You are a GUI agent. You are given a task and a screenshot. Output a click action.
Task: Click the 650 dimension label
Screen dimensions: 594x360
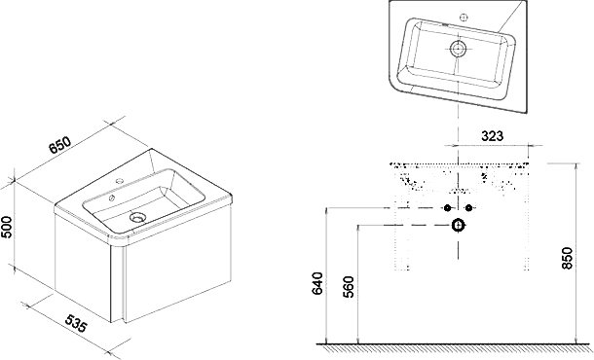click(x=60, y=145)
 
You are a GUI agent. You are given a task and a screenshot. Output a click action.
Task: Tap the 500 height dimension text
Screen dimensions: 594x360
click(x=7, y=227)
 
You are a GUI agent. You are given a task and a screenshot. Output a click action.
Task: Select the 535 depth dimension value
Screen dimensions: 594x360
click(x=76, y=323)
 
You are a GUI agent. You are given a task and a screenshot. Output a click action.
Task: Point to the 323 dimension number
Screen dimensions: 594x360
click(x=492, y=136)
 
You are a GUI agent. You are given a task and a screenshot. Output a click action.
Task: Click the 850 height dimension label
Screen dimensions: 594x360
click(x=567, y=258)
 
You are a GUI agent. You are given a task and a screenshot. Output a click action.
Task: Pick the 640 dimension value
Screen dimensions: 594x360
click(x=317, y=283)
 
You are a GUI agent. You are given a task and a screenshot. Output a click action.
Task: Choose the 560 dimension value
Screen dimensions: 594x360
click(x=349, y=287)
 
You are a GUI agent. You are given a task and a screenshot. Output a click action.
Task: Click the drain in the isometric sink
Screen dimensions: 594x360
click(x=137, y=217)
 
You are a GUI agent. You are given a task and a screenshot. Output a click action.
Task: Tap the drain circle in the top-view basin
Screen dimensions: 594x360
click(x=458, y=49)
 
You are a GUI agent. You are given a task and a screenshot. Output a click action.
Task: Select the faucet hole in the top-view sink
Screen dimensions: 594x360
click(x=464, y=18)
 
